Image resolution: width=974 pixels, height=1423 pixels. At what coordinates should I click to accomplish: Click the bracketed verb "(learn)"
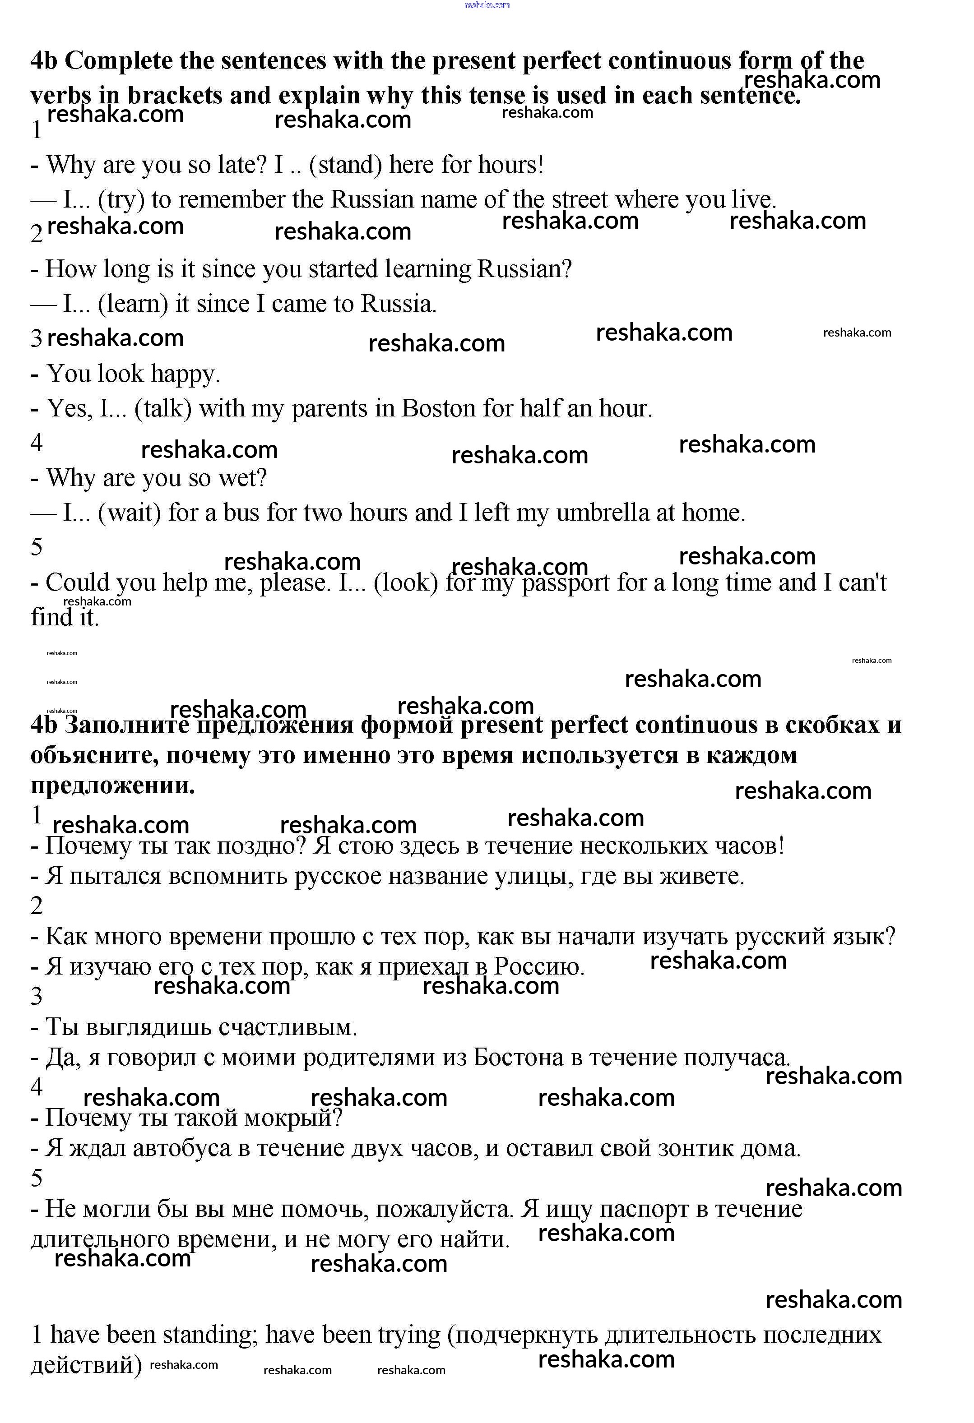tap(132, 304)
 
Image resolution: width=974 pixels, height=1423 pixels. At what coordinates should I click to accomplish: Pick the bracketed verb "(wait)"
tap(129, 513)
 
